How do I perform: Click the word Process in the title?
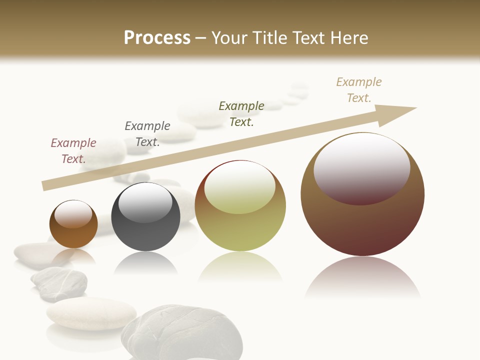point(157,38)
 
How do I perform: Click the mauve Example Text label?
point(73,151)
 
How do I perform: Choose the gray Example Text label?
point(147,134)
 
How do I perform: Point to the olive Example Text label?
point(241,114)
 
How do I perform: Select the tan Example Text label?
point(359,90)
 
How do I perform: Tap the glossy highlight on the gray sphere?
point(145,202)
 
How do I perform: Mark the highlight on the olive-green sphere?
point(240,187)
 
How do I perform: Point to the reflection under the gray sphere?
point(145,262)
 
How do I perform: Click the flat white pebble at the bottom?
point(91,313)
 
